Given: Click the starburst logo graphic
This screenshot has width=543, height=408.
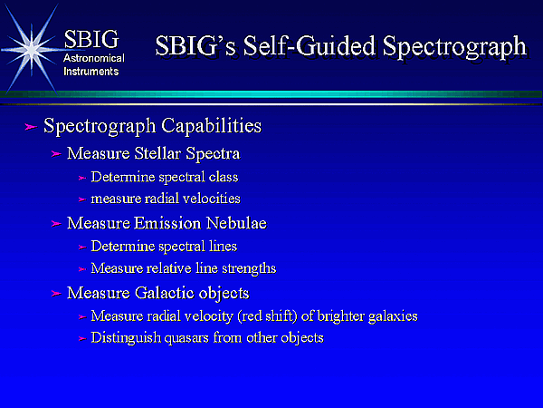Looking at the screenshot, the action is [x=32, y=49].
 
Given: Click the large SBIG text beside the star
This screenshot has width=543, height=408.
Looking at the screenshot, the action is [x=91, y=39].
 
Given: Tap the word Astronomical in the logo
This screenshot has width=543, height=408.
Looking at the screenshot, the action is [x=94, y=58].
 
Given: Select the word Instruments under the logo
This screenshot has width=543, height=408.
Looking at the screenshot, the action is [x=91, y=72].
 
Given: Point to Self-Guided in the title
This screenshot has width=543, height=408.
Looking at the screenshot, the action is [x=310, y=45].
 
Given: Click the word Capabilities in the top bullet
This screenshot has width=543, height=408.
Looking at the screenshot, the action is [x=211, y=126].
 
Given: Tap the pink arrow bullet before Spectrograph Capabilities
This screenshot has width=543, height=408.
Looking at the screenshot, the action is [x=31, y=127].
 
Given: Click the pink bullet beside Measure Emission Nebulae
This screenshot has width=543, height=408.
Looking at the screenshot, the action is [x=56, y=223].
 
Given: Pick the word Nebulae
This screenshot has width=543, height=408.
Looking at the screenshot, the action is [x=236, y=223].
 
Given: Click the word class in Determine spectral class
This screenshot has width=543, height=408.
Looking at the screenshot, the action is [x=224, y=177].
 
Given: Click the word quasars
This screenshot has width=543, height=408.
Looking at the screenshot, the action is [x=186, y=338].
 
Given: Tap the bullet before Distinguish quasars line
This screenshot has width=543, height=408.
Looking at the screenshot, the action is [x=82, y=338].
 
